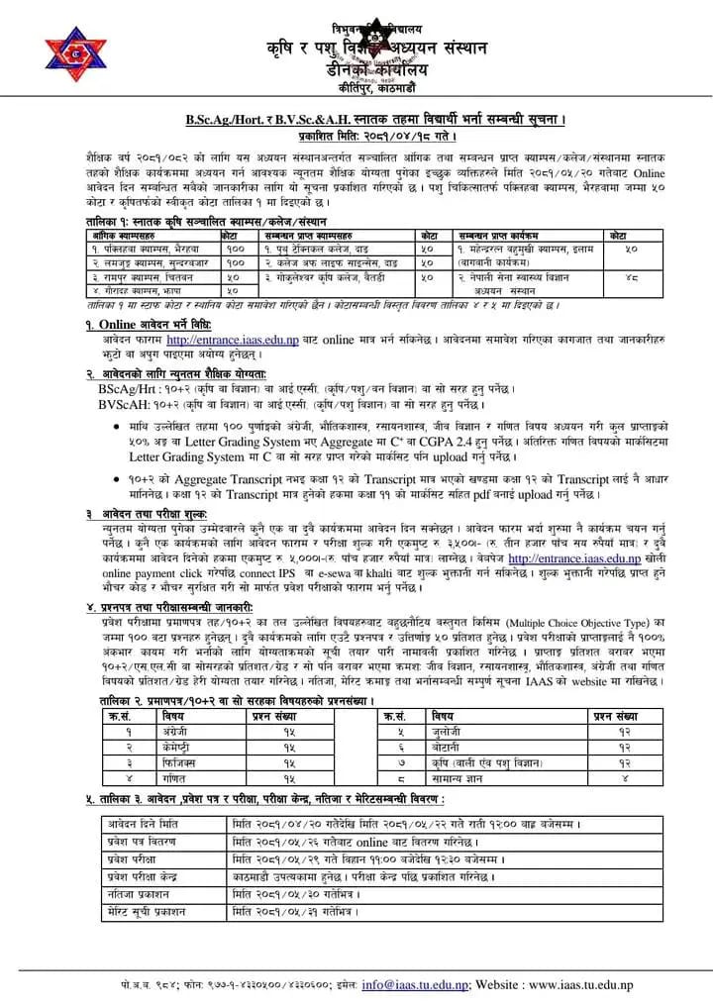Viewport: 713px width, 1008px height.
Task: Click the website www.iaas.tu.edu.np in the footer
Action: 614,984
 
